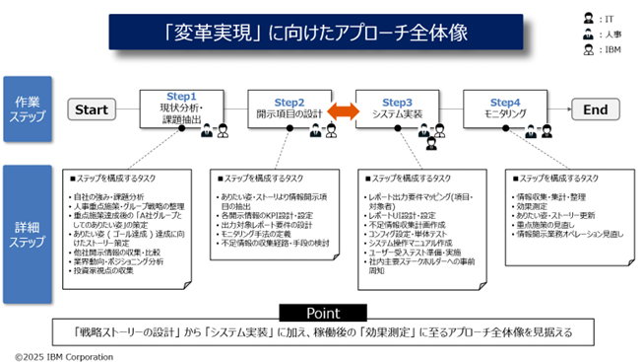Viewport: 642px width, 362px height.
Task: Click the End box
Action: tap(596, 110)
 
